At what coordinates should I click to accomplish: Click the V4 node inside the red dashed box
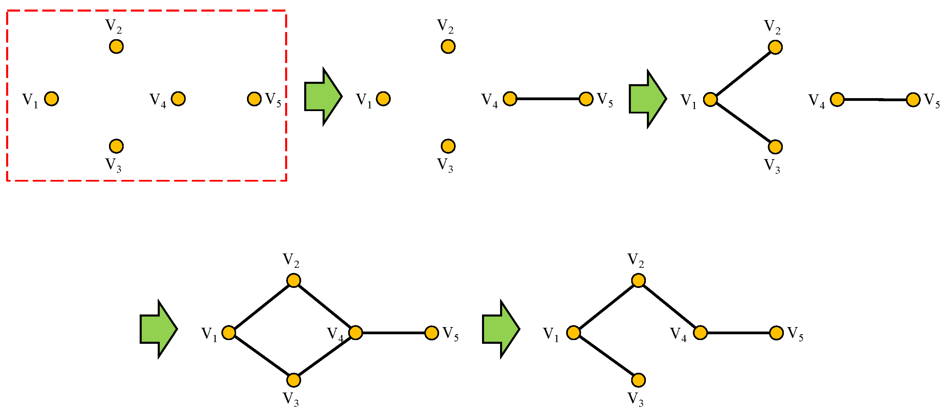pos(178,99)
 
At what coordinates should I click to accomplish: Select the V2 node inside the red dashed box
pos(116,47)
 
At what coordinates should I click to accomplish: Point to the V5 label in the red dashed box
pos(273,99)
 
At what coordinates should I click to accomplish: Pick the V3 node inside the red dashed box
pos(116,146)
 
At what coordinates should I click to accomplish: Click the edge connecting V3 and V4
pos(325,356)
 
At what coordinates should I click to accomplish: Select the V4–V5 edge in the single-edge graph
pos(548,99)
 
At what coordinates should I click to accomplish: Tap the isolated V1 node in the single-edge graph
pos(383,99)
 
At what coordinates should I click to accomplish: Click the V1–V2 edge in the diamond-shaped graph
pos(261,307)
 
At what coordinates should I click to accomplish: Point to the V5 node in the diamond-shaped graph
pos(432,333)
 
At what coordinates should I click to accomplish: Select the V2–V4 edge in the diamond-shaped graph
pos(325,307)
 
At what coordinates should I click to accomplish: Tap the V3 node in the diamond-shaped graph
pos(294,380)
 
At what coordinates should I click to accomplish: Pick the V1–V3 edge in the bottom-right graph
pos(606,356)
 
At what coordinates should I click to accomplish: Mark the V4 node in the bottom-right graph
pos(700,333)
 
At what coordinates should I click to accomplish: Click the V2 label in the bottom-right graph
pos(636,260)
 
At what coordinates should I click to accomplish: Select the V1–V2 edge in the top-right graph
pos(743,73)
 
